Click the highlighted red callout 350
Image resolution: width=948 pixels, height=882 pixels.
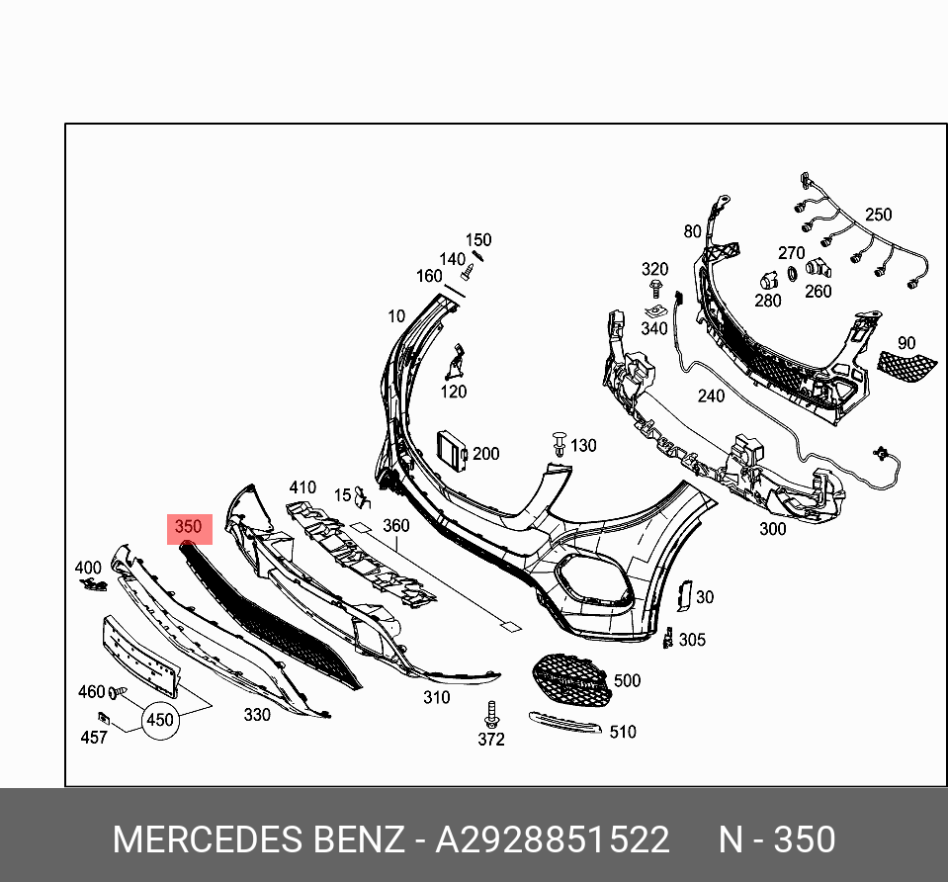(188, 528)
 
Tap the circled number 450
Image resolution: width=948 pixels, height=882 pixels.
(160, 721)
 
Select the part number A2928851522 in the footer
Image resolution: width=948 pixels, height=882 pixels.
(553, 839)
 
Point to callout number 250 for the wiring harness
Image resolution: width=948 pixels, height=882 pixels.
(878, 215)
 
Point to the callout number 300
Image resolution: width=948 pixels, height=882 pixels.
(772, 529)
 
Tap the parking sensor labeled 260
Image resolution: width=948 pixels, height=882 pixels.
(816, 268)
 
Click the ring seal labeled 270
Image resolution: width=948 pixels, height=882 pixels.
(792, 274)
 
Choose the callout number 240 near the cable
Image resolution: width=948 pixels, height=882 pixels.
(711, 396)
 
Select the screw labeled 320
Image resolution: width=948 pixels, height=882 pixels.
(655, 289)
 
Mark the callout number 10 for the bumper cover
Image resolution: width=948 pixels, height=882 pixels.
(395, 316)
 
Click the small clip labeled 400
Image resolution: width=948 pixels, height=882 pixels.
(95, 585)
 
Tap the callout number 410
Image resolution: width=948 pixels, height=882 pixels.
(302, 487)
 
